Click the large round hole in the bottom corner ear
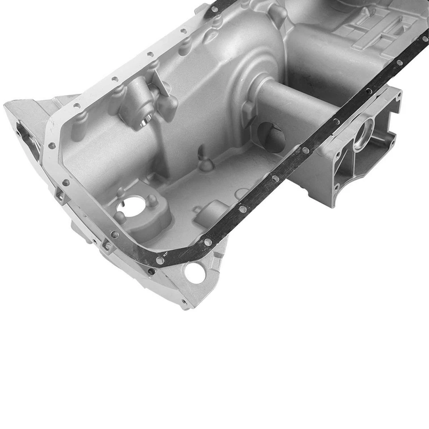click(x=195, y=273)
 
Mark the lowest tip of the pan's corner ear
click(x=185, y=307)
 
